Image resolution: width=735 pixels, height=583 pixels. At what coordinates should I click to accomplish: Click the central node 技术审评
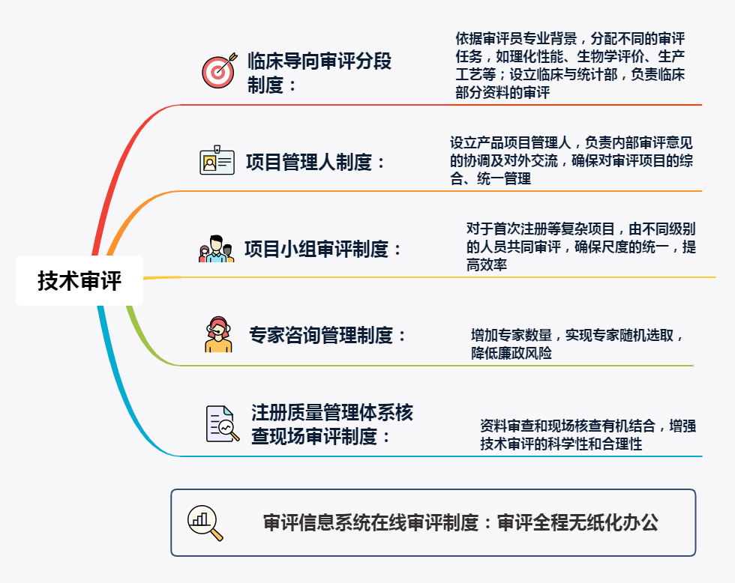pos(79,281)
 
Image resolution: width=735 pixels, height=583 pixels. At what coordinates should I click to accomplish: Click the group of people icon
pos(216,250)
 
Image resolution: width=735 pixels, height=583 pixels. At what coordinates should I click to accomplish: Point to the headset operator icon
pos(218,334)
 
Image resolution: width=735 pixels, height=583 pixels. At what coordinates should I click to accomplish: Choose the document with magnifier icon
pos(222,424)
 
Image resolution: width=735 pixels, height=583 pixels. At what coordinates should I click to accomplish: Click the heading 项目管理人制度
pos(316,162)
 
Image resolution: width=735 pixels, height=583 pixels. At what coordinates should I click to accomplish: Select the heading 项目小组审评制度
pos(323,250)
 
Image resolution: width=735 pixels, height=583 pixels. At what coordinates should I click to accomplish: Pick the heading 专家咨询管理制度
pos(328,335)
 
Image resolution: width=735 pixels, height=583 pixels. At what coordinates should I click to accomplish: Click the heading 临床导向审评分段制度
pos(319,73)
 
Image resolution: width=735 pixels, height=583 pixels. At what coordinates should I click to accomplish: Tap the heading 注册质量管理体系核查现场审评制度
pos(332,424)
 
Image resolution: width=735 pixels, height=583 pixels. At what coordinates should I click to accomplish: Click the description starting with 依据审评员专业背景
pos(570,66)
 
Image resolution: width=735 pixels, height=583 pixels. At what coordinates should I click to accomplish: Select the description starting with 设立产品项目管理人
pos(571,160)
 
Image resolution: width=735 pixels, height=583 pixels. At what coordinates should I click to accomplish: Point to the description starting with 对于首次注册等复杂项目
pos(580,247)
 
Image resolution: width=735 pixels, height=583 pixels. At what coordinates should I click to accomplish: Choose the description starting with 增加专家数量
pos(577,343)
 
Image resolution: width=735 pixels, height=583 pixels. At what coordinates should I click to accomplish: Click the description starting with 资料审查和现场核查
pos(587,435)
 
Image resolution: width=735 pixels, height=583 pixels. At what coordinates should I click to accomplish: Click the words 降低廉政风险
pos(511,353)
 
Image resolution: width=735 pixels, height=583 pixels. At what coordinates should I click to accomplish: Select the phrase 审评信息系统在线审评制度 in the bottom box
pos(370,523)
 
